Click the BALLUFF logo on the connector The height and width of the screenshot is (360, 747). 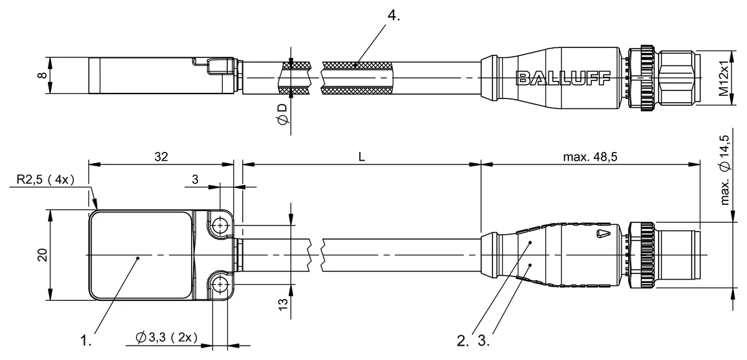click(x=563, y=77)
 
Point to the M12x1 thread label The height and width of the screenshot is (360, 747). click(x=723, y=77)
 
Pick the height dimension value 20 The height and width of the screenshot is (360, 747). click(x=41, y=255)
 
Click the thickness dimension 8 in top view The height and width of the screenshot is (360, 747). click(x=41, y=76)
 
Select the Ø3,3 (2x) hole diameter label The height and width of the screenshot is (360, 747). click(x=166, y=338)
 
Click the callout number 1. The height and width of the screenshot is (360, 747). click(x=87, y=341)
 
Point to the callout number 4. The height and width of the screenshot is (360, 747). click(x=393, y=16)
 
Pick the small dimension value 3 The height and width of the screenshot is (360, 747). click(x=195, y=181)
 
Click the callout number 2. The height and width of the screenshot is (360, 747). click(x=462, y=341)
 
